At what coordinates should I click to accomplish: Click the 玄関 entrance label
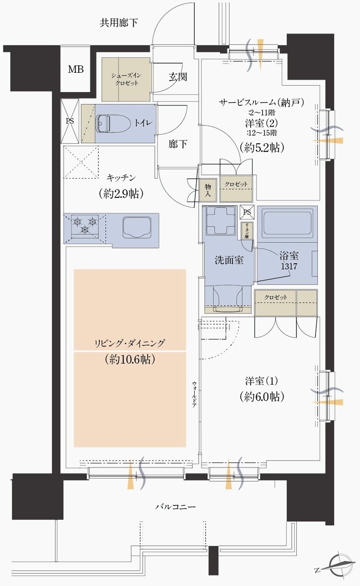(x=177, y=77)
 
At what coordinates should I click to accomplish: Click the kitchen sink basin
(x=137, y=227)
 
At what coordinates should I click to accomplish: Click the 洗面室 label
(x=229, y=260)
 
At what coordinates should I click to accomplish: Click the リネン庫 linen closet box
(x=246, y=231)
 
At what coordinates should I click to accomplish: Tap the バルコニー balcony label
(x=175, y=507)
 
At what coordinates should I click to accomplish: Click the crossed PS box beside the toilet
(x=70, y=121)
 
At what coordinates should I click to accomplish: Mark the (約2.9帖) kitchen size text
(x=121, y=194)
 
